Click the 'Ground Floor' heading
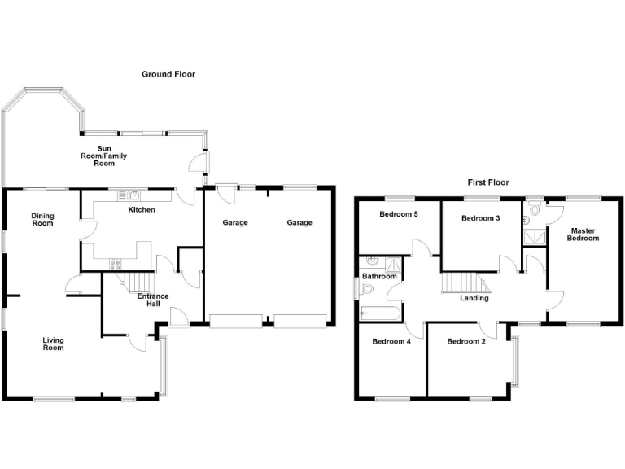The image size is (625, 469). pyautogui.click(x=168, y=74)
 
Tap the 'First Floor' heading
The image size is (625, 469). pyautogui.click(x=487, y=182)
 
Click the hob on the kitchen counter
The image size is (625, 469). pyautogui.click(x=115, y=262)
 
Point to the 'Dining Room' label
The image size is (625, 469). pyautogui.click(x=42, y=219)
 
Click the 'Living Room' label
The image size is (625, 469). pyautogui.click(x=53, y=344)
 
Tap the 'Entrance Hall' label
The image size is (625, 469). pyautogui.click(x=152, y=300)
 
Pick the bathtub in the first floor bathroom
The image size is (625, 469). pyautogui.click(x=379, y=313)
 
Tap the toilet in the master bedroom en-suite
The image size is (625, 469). pyautogui.click(x=533, y=211)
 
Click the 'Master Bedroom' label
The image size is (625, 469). pyautogui.click(x=583, y=234)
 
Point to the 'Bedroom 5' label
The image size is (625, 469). pyautogui.click(x=399, y=215)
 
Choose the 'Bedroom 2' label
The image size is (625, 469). pyautogui.click(x=466, y=341)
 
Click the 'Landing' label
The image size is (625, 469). pyautogui.click(x=474, y=298)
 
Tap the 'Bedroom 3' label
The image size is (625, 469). pyautogui.click(x=480, y=218)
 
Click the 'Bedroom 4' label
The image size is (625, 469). pyautogui.click(x=391, y=341)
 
